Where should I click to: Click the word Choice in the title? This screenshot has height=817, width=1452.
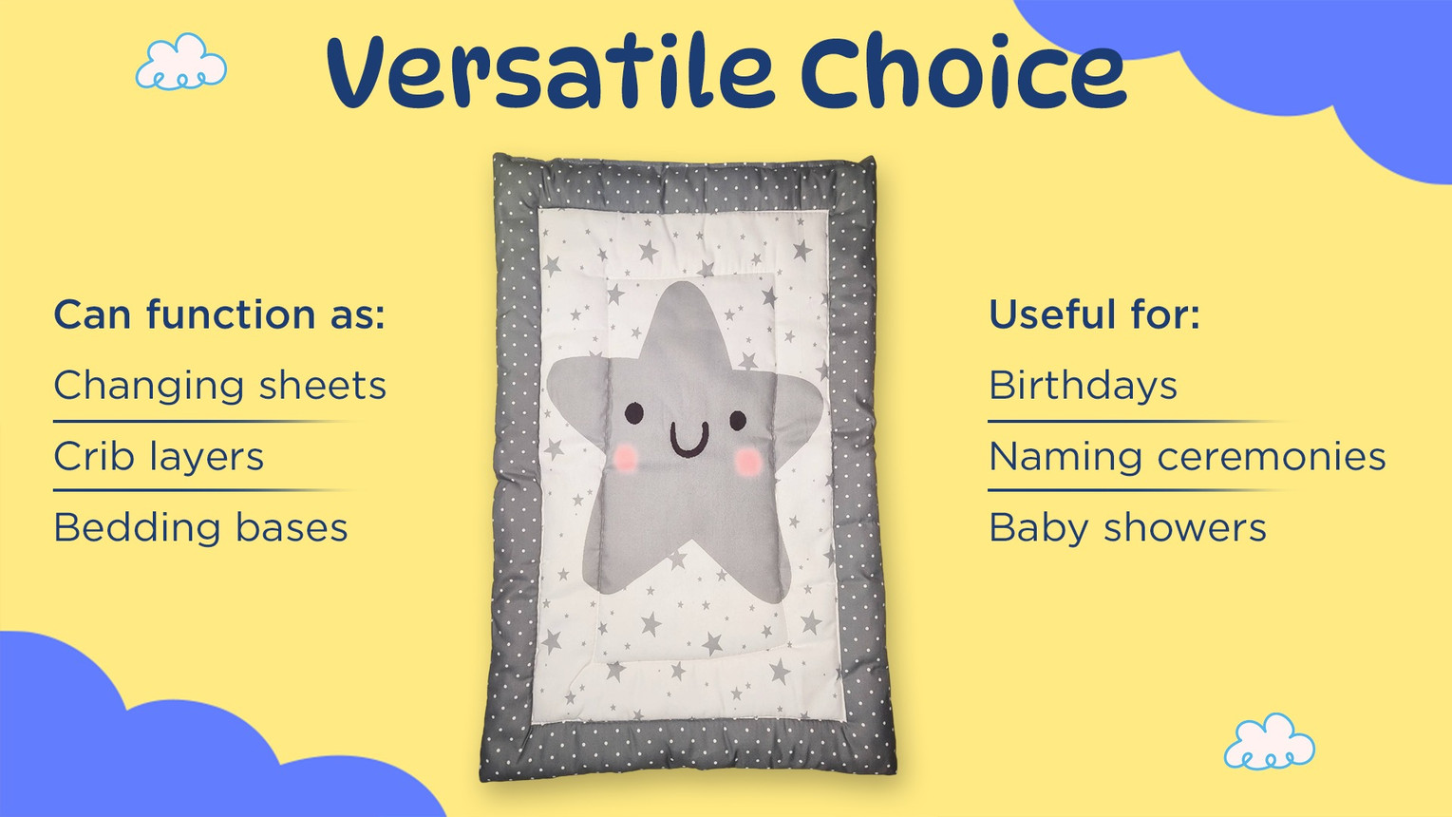pyautogui.click(x=964, y=71)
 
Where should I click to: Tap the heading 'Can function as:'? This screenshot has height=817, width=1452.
pyautogui.click(x=219, y=314)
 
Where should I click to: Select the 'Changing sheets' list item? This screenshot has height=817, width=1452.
pyautogui.click(x=219, y=387)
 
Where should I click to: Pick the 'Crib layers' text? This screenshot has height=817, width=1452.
pyautogui.click(x=159, y=457)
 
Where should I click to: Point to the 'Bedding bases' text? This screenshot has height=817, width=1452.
pyautogui.click(x=201, y=527)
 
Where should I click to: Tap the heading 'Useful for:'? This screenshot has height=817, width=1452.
pyautogui.click(x=1094, y=314)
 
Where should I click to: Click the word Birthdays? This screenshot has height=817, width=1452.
pyautogui.click(x=1083, y=387)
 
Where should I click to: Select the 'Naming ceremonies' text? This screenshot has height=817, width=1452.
pyautogui.click(x=1187, y=457)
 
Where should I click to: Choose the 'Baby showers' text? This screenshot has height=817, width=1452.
pyautogui.click(x=1127, y=528)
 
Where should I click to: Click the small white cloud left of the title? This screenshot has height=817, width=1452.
pyautogui.click(x=180, y=62)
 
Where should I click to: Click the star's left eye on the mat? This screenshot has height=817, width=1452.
pyautogui.click(x=633, y=413)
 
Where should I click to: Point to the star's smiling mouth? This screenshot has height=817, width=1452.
pyautogui.click(x=689, y=439)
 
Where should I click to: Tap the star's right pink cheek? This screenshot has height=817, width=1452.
pyautogui.click(x=748, y=462)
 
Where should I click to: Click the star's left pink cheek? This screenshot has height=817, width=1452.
pyautogui.click(x=625, y=457)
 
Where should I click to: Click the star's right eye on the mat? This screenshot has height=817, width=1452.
pyautogui.click(x=738, y=420)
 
